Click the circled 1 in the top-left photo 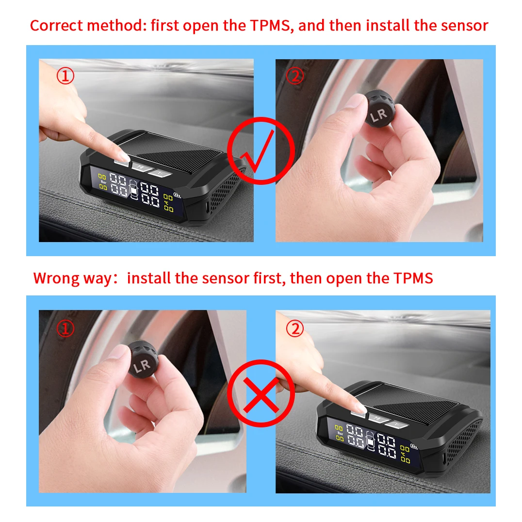click(x=66, y=76)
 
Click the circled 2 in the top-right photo click(x=294, y=76)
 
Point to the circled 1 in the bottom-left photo click(x=66, y=329)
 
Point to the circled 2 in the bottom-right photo click(x=294, y=329)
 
